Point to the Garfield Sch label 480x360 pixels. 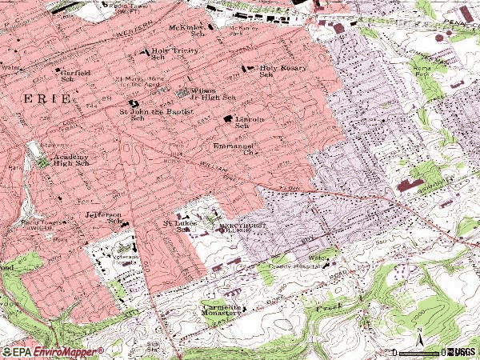(72, 75)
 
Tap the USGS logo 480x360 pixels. (463, 351)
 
